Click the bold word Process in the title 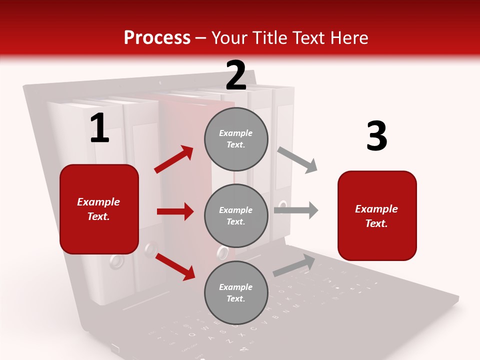coord(157,38)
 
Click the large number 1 coord(99,128)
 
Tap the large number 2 coord(236,75)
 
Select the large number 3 coord(376,136)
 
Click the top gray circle coord(236,139)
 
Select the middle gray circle coord(236,215)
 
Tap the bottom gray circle coord(236,292)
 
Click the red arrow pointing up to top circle coord(174,159)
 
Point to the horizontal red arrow coord(175,211)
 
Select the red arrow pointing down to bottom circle coord(175,266)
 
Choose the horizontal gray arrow coord(296,210)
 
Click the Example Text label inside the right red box coord(376,216)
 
